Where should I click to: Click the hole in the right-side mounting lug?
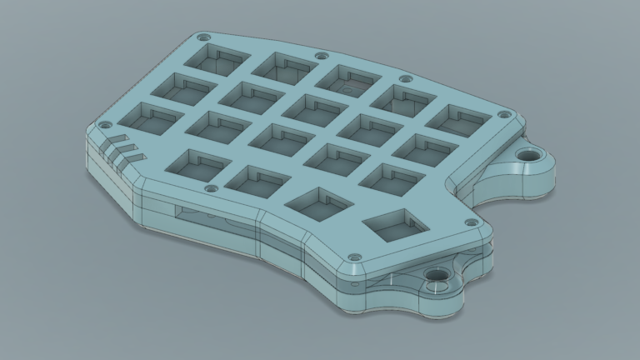coord(527,155)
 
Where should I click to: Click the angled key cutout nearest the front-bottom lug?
coord(394,226)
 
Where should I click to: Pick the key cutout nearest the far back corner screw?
coord(219,57)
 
